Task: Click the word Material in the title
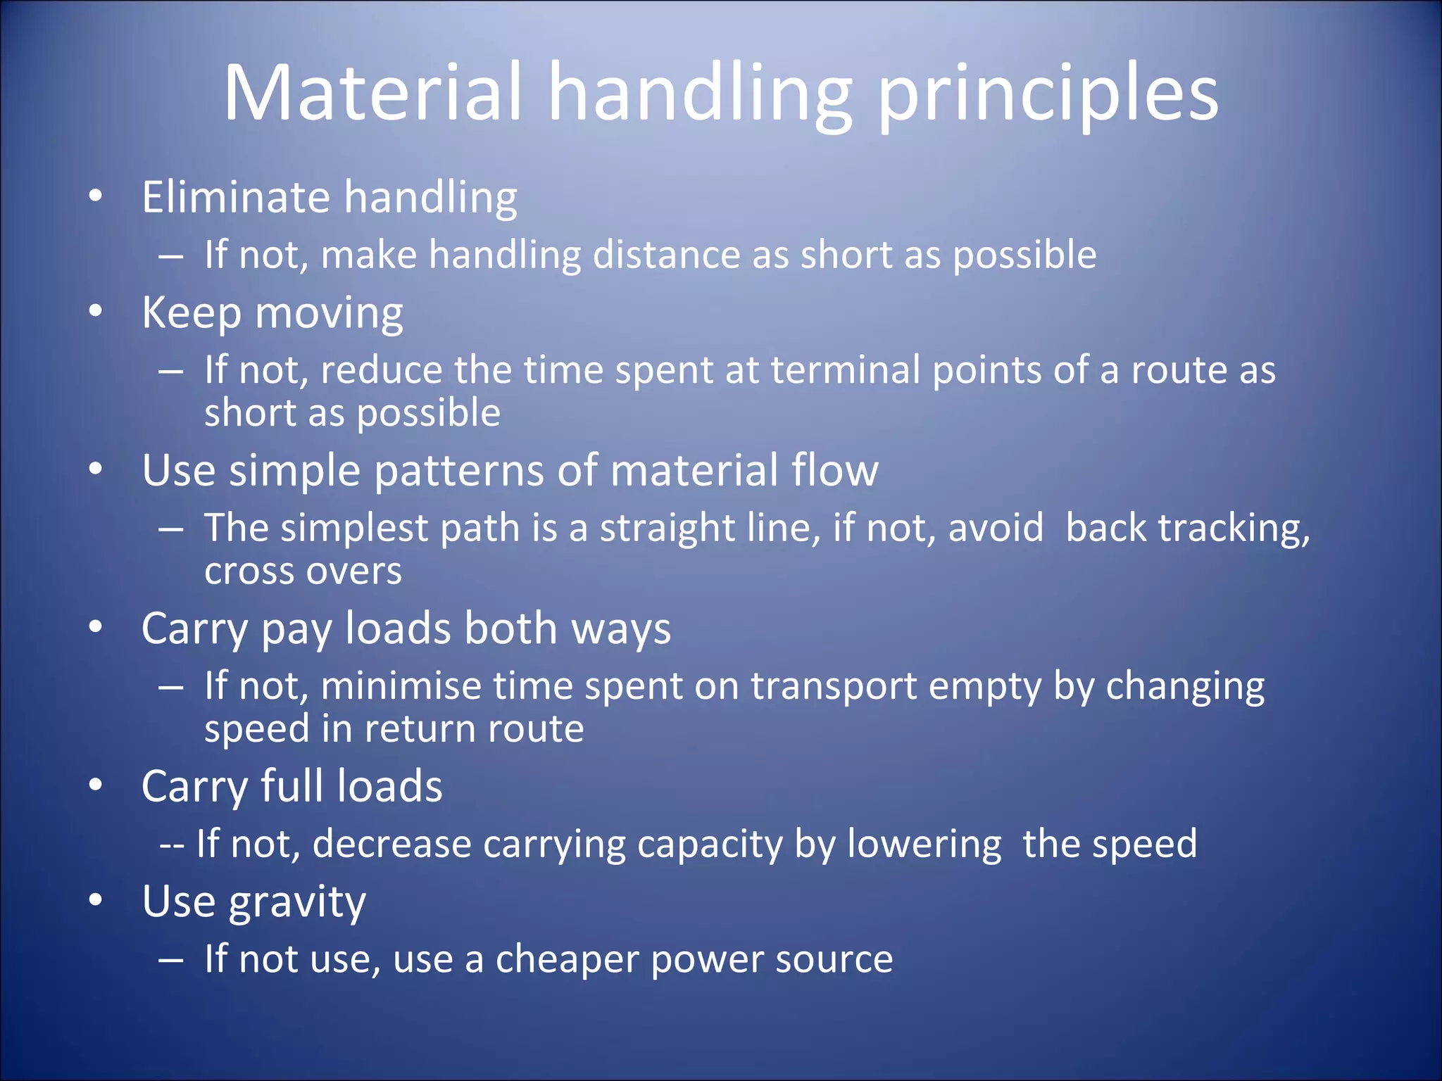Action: point(373,94)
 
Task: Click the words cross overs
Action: point(303,571)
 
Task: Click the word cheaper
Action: point(566,959)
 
